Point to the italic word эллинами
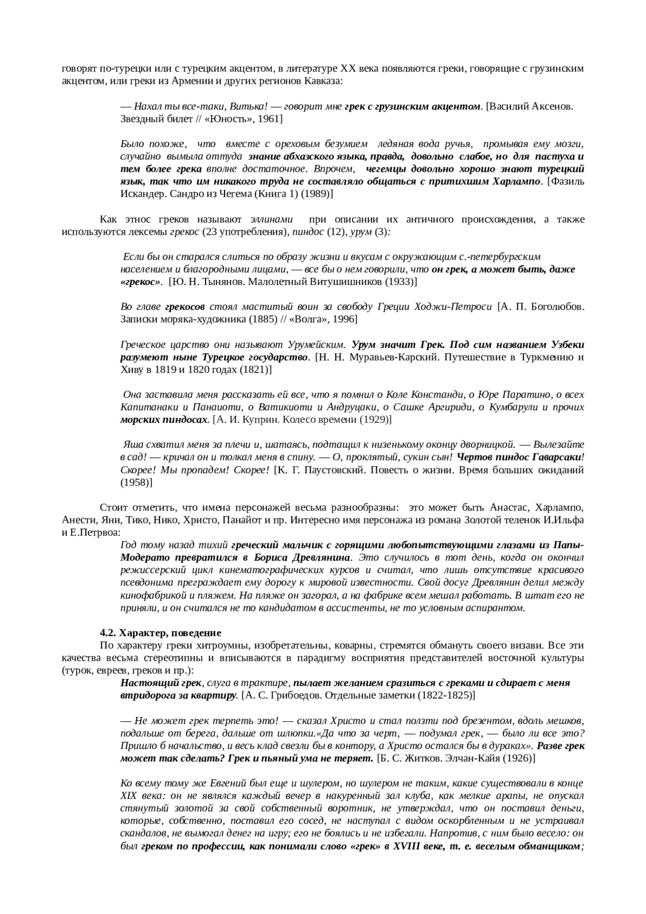coord(272,219)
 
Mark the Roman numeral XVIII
coord(406,846)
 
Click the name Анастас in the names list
coord(508,507)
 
